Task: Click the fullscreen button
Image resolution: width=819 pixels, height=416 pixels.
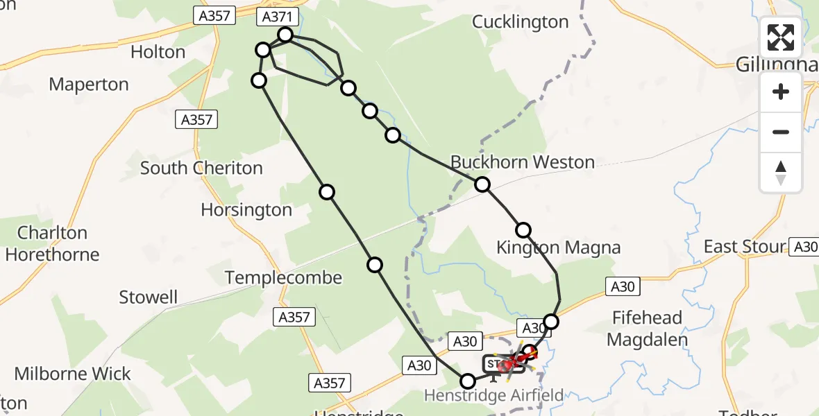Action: [x=781, y=37]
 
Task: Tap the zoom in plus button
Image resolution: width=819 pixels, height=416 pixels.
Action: [x=781, y=92]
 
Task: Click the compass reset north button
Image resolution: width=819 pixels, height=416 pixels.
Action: [x=781, y=172]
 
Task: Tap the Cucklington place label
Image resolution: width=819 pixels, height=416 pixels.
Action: [x=521, y=22]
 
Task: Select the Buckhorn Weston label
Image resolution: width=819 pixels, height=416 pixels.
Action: [x=523, y=162]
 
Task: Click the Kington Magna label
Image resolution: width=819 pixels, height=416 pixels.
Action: [x=559, y=248]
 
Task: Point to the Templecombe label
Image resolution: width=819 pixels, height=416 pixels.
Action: [x=283, y=278]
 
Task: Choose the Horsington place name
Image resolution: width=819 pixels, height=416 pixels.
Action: [x=246, y=209]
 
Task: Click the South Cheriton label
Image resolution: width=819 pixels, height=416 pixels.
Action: [x=201, y=168]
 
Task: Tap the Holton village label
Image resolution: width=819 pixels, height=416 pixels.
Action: [x=158, y=52]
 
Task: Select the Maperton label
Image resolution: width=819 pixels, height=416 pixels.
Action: [x=89, y=85]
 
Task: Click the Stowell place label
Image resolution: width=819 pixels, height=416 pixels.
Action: [x=149, y=297]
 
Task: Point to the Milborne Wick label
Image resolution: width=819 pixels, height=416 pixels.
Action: [x=73, y=374]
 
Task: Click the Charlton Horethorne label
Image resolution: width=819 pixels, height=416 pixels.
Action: [x=53, y=243]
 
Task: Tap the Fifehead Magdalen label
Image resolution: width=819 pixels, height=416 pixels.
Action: [x=648, y=329]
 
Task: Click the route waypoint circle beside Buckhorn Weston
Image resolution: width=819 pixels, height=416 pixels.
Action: [x=482, y=184]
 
